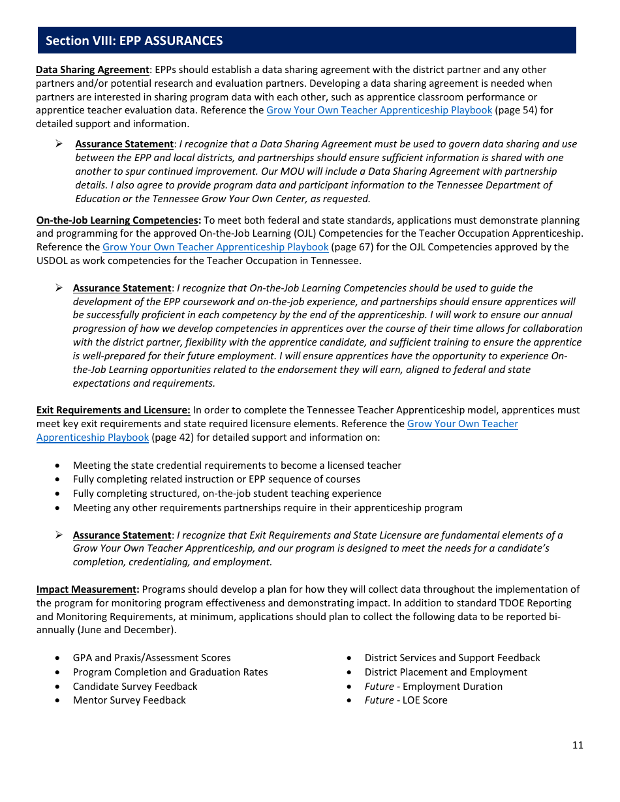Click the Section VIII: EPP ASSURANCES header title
(134, 40)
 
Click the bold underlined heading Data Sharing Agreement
(92, 70)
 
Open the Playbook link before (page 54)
(379, 110)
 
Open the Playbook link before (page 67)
(215, 247)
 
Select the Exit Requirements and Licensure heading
(113, 410)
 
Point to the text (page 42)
(172, 438)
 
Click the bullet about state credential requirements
(237, 466)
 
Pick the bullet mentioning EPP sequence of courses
(216, 479)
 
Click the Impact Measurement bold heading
(87, 589)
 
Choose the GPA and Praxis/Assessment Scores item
(151, 658)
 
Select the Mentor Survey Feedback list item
(129, 700)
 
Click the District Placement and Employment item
(446, 672)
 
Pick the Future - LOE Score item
(406, 700)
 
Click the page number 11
(577, 745)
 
